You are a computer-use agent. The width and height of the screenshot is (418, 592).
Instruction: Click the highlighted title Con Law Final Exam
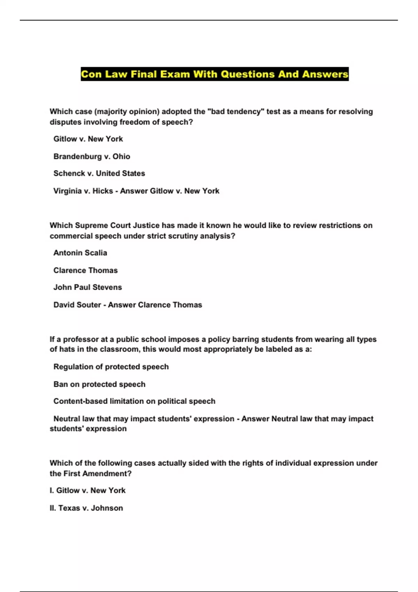[x=215, y=74]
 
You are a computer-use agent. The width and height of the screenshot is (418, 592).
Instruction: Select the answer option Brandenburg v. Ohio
[x=92, y=156]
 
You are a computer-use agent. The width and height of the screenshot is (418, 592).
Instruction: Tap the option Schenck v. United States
[x=99, y=173]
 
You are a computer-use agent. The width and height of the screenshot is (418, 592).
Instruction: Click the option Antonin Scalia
[x=80, y=253]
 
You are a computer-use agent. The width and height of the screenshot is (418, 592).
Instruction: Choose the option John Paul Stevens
[x=87, y=287]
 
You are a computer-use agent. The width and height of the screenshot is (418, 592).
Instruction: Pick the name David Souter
[x=77, y=305]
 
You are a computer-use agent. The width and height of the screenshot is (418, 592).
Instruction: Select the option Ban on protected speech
[x=99, y=384]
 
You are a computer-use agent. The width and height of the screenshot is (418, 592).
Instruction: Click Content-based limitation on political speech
[x=134, y=401]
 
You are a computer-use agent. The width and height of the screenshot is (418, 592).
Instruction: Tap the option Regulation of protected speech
[x=111, y=367]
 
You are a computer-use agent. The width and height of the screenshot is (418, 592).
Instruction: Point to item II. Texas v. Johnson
[x=86, y=508]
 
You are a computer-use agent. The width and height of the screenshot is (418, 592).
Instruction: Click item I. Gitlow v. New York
[x=87, y=490]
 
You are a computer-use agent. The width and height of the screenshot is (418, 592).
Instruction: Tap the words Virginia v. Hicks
[x=83, y=191]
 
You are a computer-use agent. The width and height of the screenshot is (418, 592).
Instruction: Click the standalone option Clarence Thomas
[x=85, y=270]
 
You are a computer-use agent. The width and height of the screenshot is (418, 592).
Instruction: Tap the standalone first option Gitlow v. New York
[x=88, y=139]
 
